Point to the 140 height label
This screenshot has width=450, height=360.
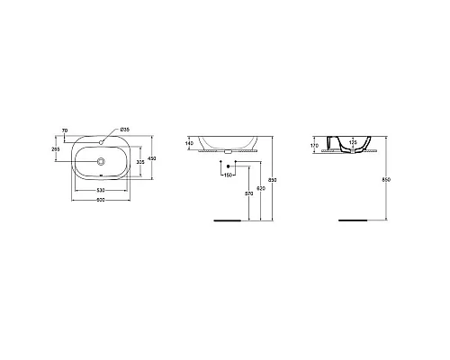(x=189, y=143)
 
